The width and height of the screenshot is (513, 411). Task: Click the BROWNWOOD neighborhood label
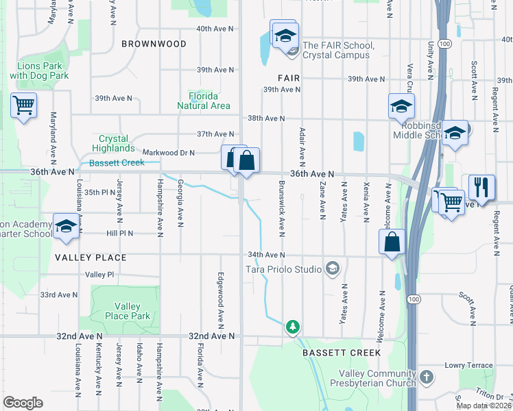click(154, 44)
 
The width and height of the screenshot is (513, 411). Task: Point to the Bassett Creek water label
click(117, 163)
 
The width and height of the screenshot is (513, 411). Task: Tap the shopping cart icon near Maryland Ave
click(23, 106)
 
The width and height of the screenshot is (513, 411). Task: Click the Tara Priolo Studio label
click(284, 269)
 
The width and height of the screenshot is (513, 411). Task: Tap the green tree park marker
click(293, 327)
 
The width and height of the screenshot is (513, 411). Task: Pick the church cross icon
click(426, 377)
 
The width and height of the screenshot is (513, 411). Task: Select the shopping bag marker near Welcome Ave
click(391, 242)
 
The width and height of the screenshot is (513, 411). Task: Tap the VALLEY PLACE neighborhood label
click(92, 258)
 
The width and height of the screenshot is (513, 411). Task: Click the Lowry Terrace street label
click(469, 366)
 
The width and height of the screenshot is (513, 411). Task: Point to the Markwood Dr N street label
click(169, 153)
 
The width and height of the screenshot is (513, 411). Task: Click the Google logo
click(23, 403)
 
